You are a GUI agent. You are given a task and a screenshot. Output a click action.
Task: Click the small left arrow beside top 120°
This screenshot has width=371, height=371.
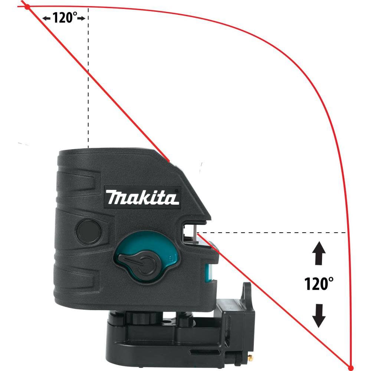coord(46,18)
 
